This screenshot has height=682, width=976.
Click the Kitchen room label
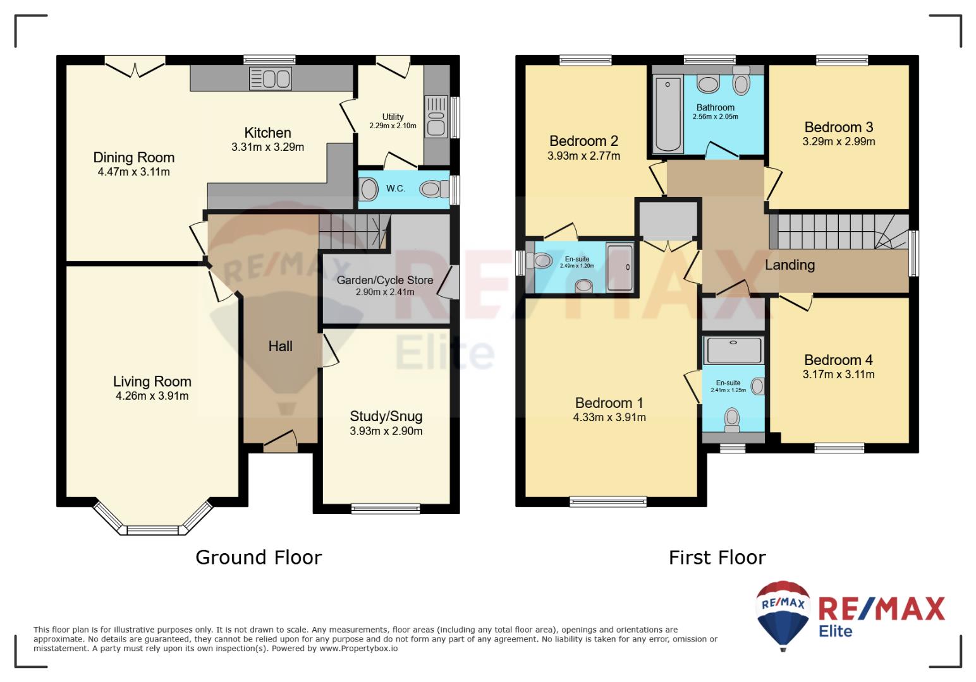(267, 133)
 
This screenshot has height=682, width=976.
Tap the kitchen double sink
(270, 79)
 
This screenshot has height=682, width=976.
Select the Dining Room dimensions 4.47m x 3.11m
(134, 172)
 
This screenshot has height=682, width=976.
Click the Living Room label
(152, 381)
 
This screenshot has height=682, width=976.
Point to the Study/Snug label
(386, 416)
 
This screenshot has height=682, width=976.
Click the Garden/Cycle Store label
(385, 280)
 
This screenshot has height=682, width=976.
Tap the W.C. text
(395, 188)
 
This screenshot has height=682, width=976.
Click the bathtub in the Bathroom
(668, 114)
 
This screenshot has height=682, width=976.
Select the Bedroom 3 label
(839, 127)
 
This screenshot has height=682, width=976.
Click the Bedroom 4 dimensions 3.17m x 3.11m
(838, 374)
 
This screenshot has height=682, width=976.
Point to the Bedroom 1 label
(609, 403)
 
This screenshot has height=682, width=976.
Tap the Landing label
(790, 265)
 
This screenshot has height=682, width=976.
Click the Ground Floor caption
(259, 557)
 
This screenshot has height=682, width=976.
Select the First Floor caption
(717, 558)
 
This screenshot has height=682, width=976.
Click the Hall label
(280, 347)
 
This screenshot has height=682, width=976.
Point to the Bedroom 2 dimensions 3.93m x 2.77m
(583, 156)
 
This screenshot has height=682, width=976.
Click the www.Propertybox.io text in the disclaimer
(358, 649)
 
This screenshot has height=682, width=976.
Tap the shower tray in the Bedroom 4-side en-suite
(734, 349)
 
